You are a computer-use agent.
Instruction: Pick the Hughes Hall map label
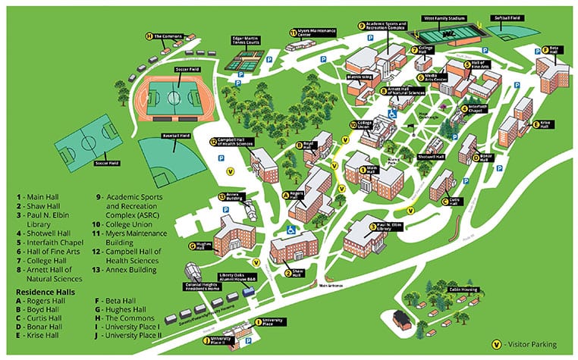point(203,246)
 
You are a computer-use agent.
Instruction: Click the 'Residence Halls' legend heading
point(45,290)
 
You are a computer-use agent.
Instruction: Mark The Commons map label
point(168,36)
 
